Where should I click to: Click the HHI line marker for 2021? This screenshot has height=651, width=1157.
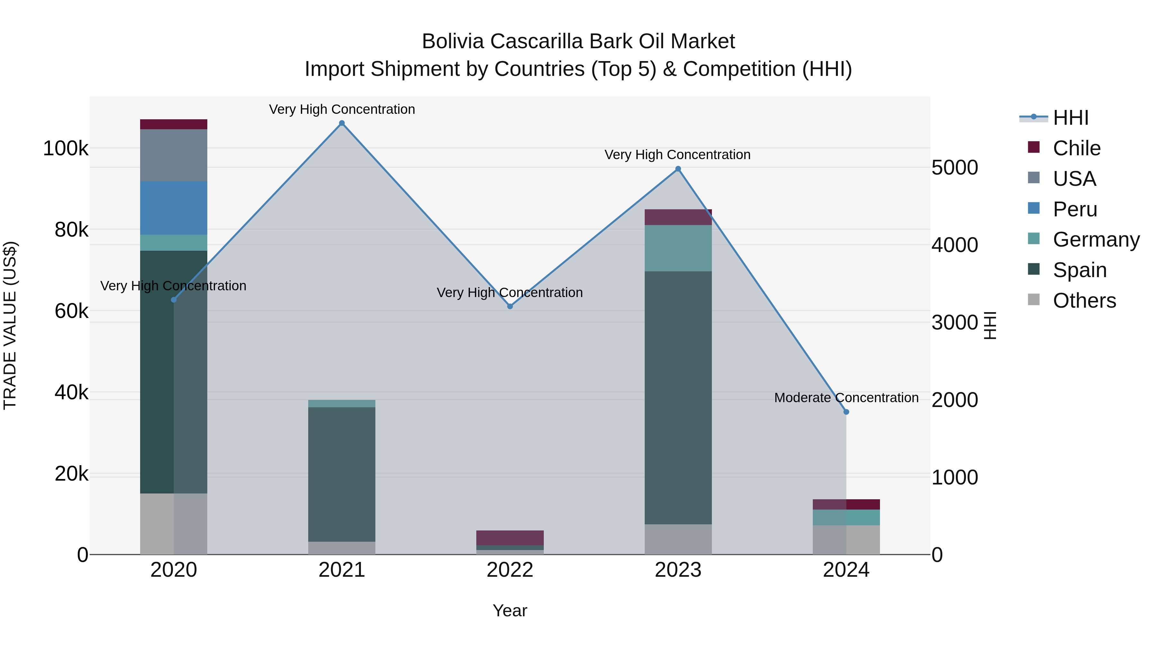coord(342,123)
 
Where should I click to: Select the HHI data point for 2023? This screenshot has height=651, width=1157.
coord(678,169)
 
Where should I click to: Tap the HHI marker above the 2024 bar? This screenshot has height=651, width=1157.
coord(846,412)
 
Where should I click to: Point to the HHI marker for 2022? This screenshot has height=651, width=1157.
coord(510,306)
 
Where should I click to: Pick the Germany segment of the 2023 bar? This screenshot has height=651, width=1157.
coord(678,248)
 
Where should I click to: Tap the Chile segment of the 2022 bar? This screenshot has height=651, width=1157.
coord(510,538)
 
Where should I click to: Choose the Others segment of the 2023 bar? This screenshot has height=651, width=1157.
coord(678,539)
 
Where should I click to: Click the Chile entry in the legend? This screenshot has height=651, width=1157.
coord(1076,148)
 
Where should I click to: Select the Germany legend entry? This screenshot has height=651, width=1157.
coord(1096,240)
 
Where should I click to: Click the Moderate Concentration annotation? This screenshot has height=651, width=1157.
coord(846,398)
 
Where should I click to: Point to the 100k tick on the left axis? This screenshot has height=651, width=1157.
coord(66,148)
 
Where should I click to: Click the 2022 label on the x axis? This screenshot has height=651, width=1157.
coord(510,570)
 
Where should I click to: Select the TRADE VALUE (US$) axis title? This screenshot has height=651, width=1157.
coord(10,325)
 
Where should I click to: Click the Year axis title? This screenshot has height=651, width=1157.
coord(510,610)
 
